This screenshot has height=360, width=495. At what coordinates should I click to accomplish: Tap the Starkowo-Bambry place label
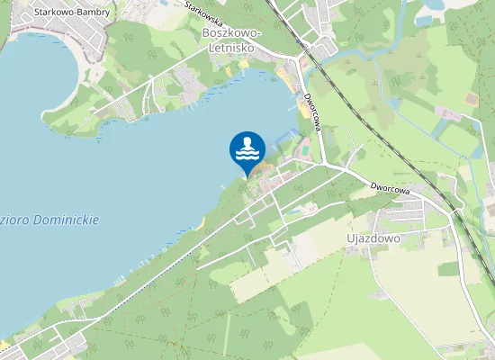tap(71, 13)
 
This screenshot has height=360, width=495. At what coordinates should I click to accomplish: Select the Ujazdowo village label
tap(373, 238)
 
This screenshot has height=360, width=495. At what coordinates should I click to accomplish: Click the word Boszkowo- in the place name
tap(225, 32)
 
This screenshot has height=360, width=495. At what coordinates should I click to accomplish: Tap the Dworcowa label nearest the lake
tap(312, 112)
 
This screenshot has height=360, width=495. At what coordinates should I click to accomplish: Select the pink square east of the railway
tap(447, 112)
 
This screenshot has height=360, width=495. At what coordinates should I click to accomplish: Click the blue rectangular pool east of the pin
tap(285, 136)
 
